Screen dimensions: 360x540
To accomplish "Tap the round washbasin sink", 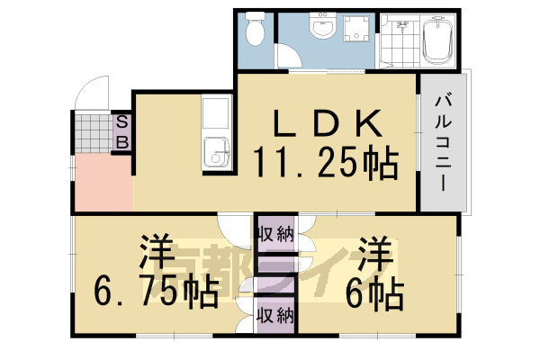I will pyautogui.click(x=321, y=30).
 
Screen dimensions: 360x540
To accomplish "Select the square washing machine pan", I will pyautogui.click(x=358, y=31).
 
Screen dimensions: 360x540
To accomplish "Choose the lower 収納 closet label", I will pyautogui.click(x=274, y=315).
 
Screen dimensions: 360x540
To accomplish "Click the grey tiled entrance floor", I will pyautogui.click(x=90, y=132).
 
